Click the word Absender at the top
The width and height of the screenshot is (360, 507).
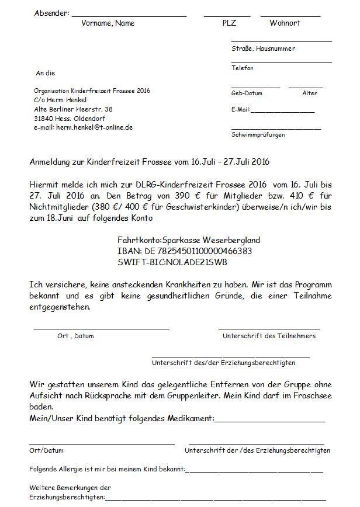point(51,13)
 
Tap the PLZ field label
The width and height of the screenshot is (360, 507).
point(229,23)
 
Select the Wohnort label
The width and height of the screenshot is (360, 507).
point(285,23)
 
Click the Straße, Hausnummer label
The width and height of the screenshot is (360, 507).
point(263,49)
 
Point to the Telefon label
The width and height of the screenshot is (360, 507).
point(243,68)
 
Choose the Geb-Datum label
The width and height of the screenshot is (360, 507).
point(247,93)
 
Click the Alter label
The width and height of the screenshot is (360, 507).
point(310,93)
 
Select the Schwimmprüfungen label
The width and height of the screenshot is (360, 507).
point(258,135)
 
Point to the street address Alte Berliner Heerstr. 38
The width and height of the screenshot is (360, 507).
point(73,109)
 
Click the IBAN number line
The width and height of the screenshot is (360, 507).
point(185,251)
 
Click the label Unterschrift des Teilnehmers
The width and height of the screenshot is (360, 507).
point(269,336)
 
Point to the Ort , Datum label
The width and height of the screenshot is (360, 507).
point(75,336)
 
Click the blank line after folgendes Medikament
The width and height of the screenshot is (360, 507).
point(269,420)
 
